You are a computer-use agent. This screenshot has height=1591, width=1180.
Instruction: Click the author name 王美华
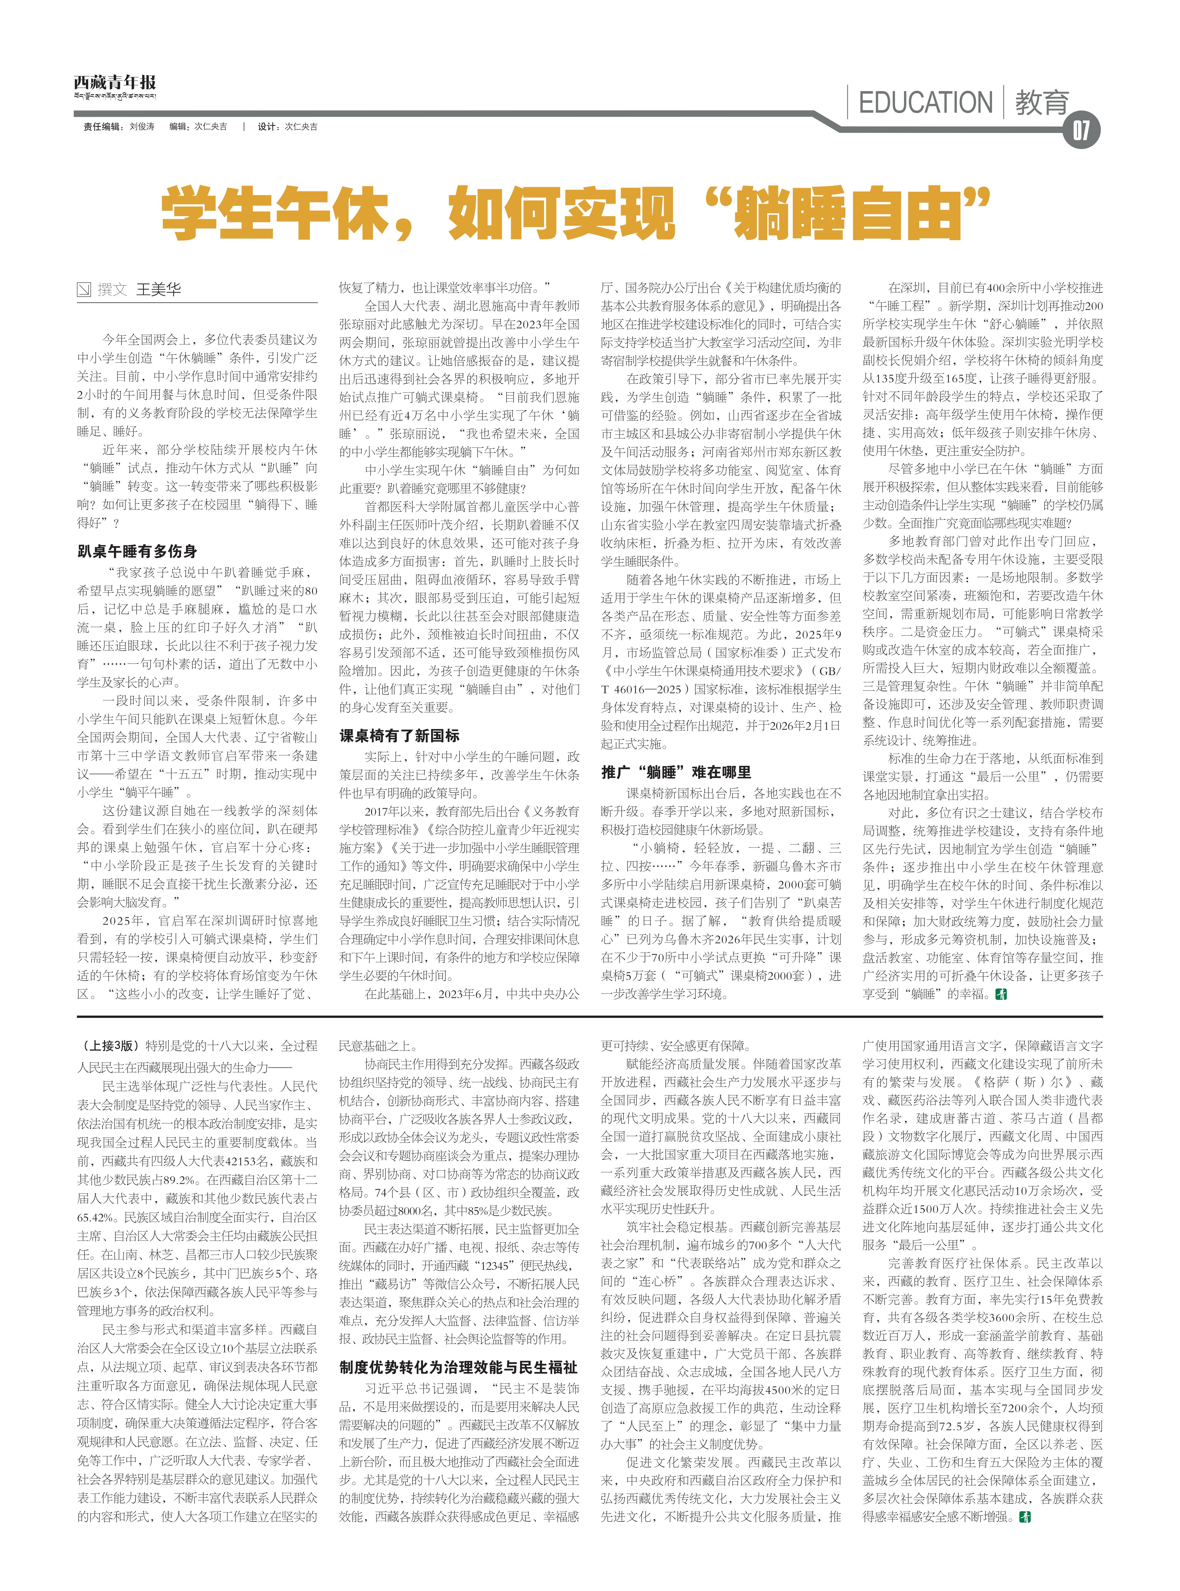click(159, 289)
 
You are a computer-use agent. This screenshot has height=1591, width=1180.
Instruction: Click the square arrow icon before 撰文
click(84, 289)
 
